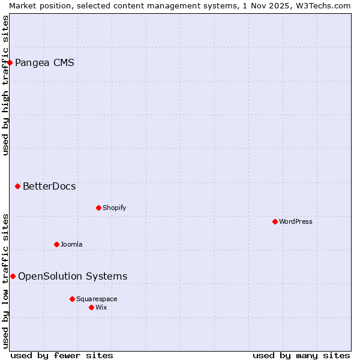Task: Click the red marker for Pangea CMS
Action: click(x=10, y=62)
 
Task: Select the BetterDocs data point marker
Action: click(x=17, y=186)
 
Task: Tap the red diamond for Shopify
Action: click(x=98, y=208)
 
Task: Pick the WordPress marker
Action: click(x=275, y=221)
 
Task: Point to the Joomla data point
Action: click(x=56, y=244)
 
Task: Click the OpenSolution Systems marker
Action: click(x=13, y=276)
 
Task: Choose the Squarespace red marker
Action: click(x=72, y=299)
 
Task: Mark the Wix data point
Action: click(x=91, y=307)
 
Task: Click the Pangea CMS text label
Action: click(x=44, y=62)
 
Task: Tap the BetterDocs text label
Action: click(x=49, y=186)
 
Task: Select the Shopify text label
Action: click(x=114, y=208)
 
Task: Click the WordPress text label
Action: click(x=295, y=221)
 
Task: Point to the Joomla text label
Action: click(x=71, y=244)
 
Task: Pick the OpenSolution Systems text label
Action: click(x=73, y=276)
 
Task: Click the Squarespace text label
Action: click(x=97, y=299)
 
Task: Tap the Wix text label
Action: click(x=101, y=307)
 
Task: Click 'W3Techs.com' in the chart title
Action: click(x=323, y=5)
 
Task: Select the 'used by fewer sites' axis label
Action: click(x=62, y=355)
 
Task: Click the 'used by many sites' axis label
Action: click(x=301, y=355)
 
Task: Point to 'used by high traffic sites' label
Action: click(x=5, y=85)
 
